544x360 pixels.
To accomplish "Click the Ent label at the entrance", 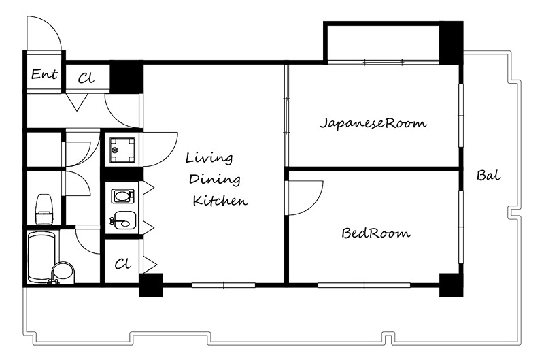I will click(44, 75).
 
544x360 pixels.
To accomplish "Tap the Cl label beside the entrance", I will click(86, 78).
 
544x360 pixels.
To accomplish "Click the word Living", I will click(209, 159).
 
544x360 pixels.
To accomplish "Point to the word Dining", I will click(214, 180).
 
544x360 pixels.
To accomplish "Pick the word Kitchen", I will click(219, 201).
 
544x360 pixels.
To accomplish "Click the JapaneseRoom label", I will click(373, 124).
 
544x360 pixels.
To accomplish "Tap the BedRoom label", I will click(376, 234).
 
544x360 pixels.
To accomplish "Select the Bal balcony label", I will click(488, 176).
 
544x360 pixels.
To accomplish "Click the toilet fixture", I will click(45, 208).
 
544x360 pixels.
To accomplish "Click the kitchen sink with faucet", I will click(123, 220).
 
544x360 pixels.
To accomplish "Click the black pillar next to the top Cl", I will click(126, 78).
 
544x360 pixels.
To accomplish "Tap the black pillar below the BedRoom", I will click(450, 284).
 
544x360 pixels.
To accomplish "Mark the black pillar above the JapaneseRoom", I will click(450, 41).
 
